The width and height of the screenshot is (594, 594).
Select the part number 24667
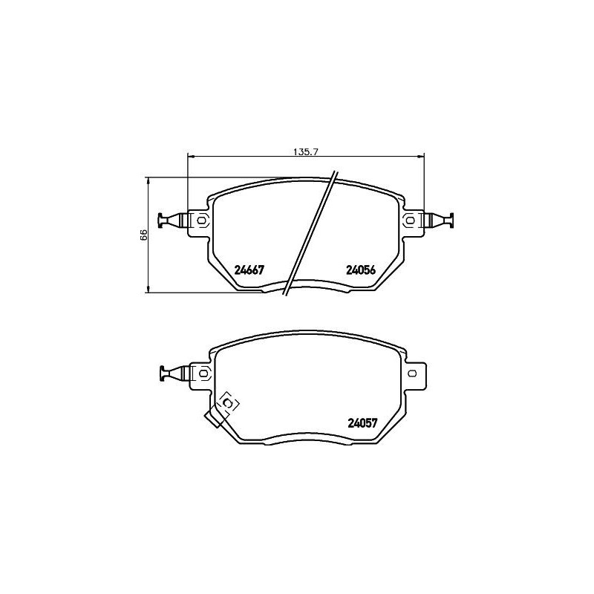249,270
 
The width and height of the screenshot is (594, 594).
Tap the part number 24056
362,270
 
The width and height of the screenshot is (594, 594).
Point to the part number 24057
363,423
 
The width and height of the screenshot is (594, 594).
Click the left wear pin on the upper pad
172,220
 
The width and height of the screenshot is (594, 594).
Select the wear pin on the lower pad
172,373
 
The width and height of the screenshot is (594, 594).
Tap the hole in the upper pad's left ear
200,220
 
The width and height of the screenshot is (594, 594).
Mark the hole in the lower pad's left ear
200,373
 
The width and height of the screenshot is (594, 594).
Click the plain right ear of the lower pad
417,373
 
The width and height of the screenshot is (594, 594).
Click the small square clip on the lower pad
228,402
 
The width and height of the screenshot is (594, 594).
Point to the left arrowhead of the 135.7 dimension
189,156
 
